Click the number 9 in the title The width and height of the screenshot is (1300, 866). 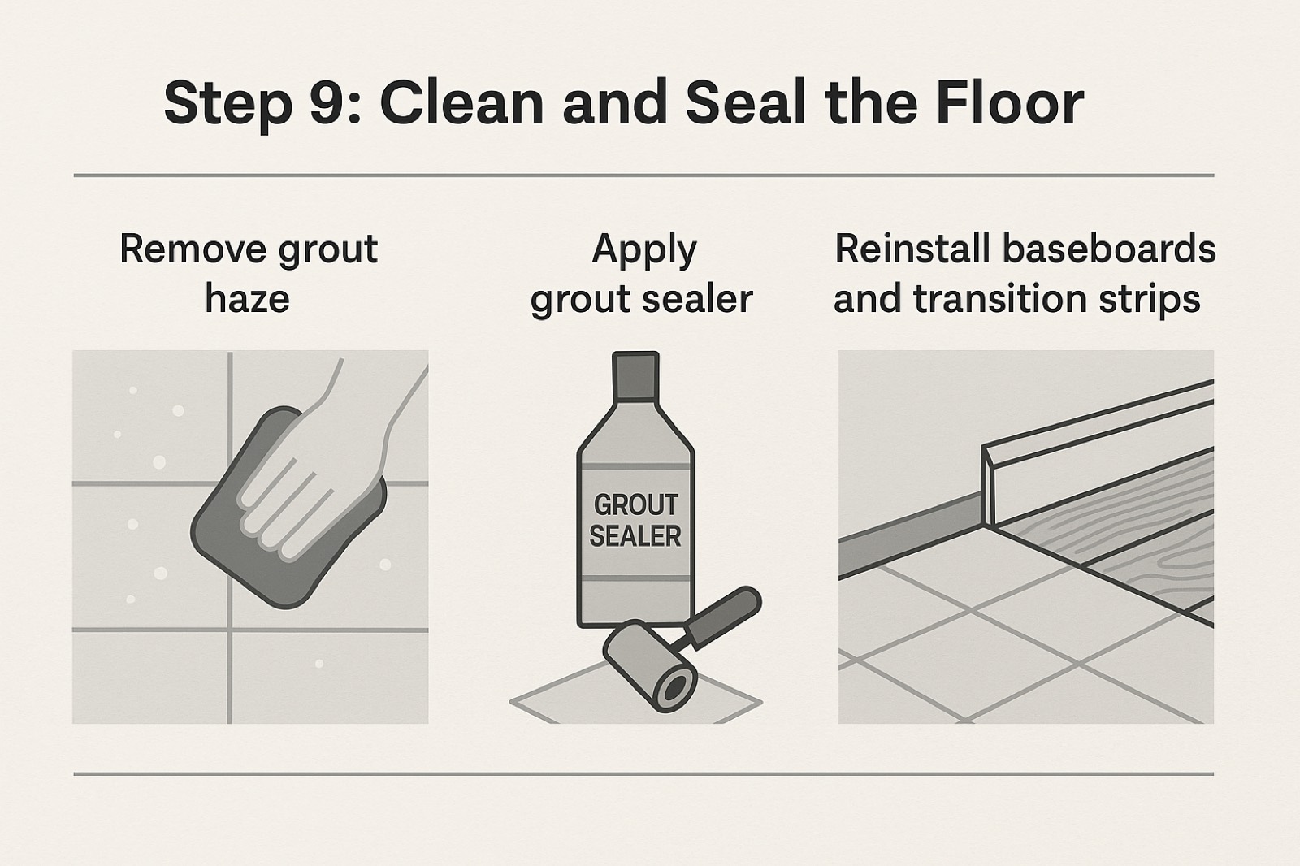pyautogui.click(x=329, y=103)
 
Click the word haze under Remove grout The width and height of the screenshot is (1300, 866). pyautogui.click(x=247, y=299)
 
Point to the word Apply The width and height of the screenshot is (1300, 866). pyautogui.click(x=643, y=252)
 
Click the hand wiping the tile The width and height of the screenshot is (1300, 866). pyautogui.click(x=325, y=465)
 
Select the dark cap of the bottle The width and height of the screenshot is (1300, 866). pyautogui.click(x=635, y=376)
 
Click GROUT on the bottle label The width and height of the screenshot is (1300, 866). pyautogui.click(x=635, y=505)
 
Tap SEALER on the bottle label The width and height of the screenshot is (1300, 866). pyautogui.click(x=635, y=535)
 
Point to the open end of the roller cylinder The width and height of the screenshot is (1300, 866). pyautogui.click(x=674, y=689)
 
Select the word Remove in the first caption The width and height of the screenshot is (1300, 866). pyautogui.click(x=193, y=249)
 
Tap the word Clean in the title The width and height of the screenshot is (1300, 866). pyautogui.click(x=461, y=102)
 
